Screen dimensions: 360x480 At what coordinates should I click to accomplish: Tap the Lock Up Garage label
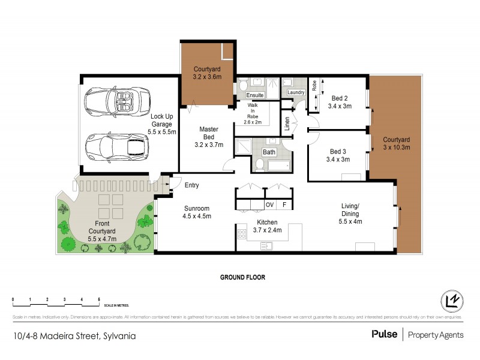click(x=163, y=124)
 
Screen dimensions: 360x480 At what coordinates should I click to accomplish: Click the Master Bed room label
click(x=208, y=137)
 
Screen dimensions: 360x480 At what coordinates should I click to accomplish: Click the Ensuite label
click(x=255, y=95)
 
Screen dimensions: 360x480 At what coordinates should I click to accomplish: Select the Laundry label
click(x=296, y=92)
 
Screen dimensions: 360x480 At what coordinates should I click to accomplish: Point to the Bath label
click(x=269, y=152)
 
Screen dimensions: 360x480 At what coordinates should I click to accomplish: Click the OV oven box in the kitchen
click(x=269, y=205)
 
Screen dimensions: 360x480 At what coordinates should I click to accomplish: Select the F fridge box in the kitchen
click(x=284, y=205)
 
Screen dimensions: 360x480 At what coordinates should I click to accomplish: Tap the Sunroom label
click(x=197, y=212)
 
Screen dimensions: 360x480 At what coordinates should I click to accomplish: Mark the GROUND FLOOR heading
click(x=242, y=278)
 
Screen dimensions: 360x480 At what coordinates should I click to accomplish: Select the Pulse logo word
click(x=384, y=334)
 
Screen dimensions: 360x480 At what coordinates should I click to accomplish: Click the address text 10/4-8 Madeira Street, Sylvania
click(x=74, y=335)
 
